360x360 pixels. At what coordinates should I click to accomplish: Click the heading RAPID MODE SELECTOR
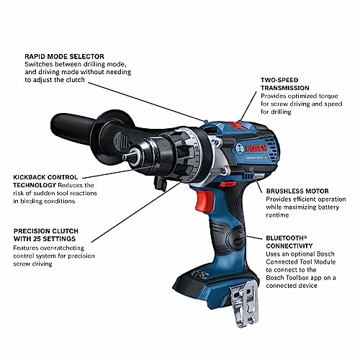[63, 55]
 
